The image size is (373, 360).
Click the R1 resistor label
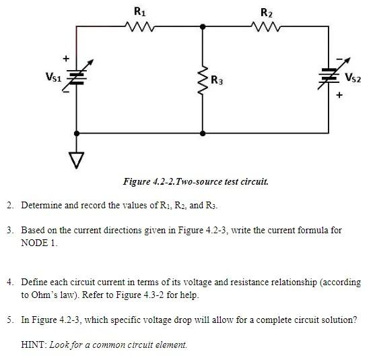139,11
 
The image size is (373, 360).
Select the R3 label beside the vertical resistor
217,81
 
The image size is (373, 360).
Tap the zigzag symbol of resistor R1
139,27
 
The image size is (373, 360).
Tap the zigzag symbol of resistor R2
266,27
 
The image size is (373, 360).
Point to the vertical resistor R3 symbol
202,80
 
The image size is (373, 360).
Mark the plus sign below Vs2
339,95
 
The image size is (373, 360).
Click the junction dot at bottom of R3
202,133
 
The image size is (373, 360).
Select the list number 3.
10,230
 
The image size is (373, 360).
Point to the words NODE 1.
39,243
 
